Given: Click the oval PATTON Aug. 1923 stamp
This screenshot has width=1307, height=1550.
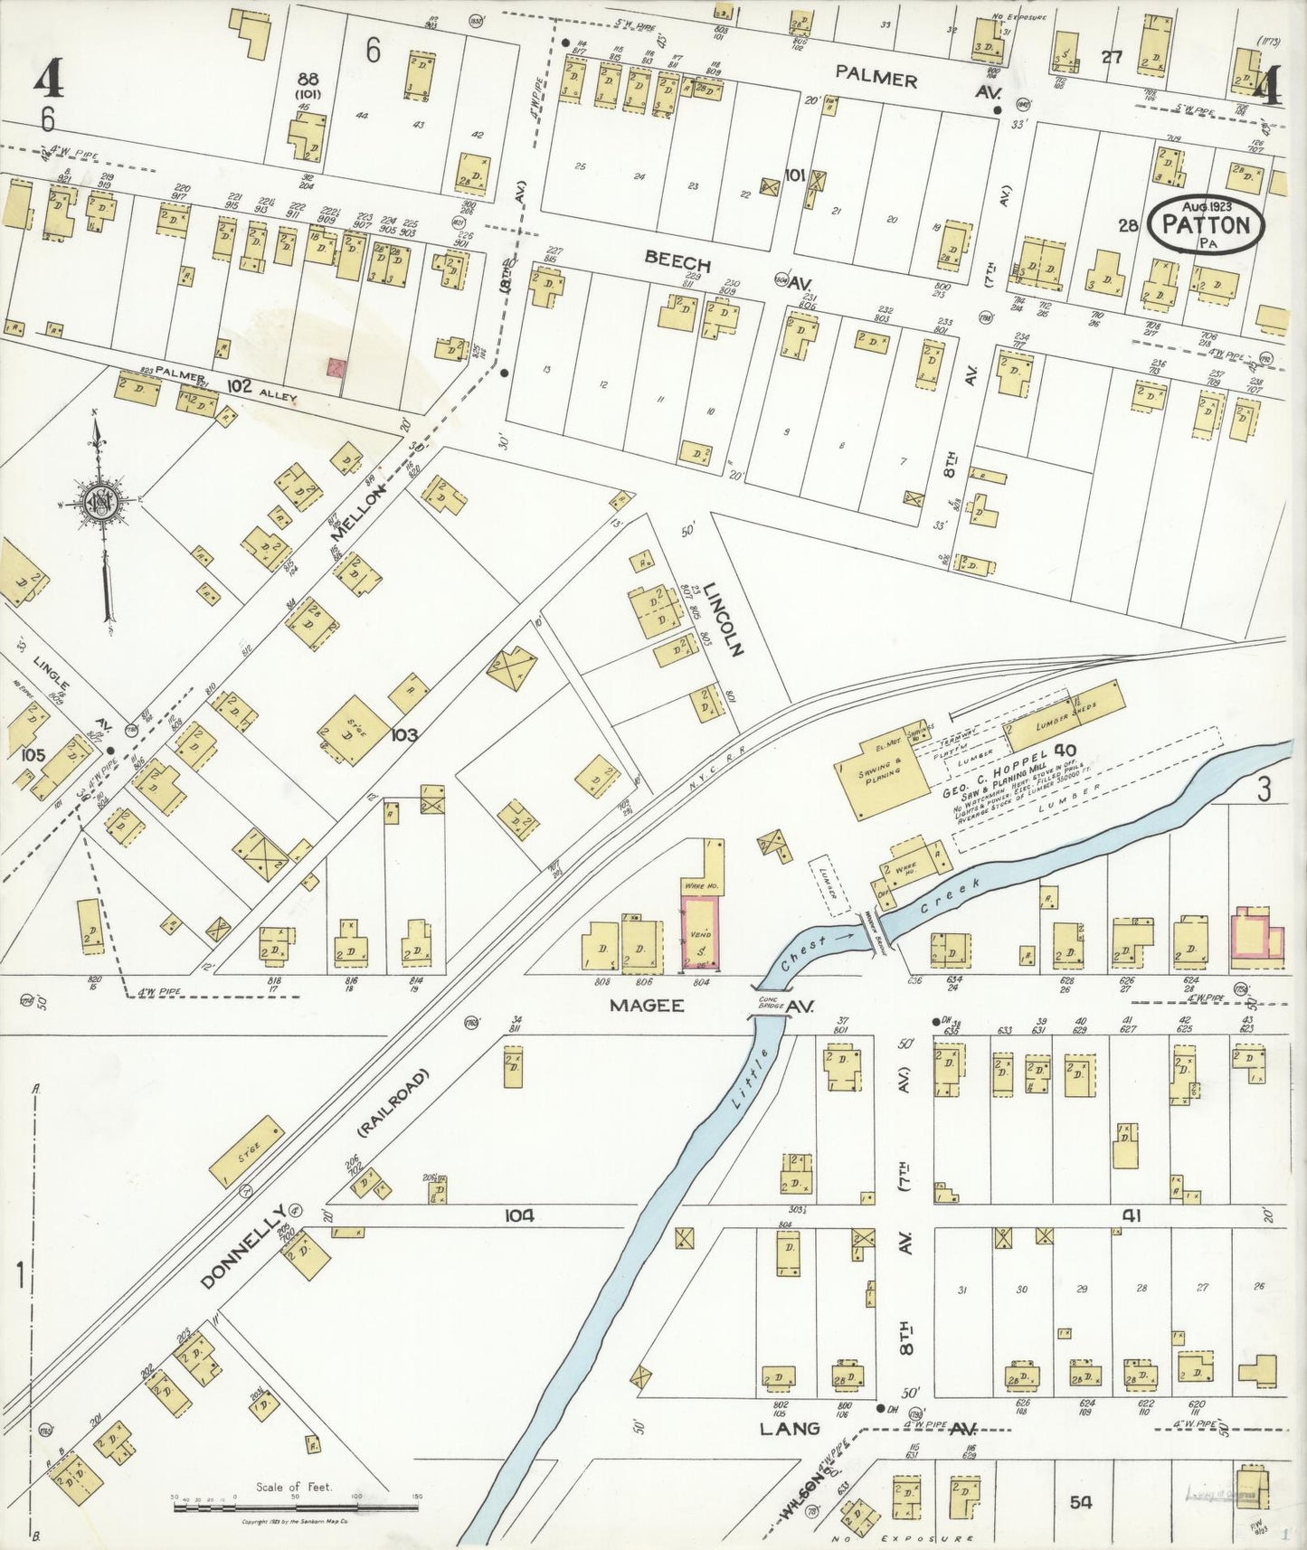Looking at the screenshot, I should tap(1206, 224).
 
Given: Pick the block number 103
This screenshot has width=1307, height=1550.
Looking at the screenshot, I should tap(403, 734).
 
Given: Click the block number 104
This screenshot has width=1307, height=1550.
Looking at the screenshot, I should tap(520, 1216).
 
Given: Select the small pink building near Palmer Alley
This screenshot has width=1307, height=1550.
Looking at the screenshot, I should tap(336, 367).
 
